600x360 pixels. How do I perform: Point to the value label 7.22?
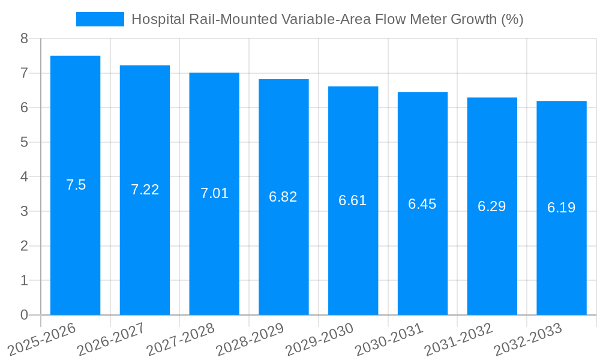tap(145, 190)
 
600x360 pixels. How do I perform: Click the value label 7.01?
tap(214, 193)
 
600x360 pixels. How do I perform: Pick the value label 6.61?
tap(353, 200)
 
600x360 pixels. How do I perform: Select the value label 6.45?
tap(422, 204)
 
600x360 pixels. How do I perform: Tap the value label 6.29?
tap(492, 206)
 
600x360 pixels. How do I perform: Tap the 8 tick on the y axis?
tap(24, 38)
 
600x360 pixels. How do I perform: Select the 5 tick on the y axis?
tap(24, 142)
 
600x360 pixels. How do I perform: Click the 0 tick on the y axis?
tap(24, 315)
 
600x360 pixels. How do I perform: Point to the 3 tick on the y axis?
tap(24, 211)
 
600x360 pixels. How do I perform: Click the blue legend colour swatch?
tap(100, 19)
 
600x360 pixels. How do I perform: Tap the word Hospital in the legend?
tap(157, 19)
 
